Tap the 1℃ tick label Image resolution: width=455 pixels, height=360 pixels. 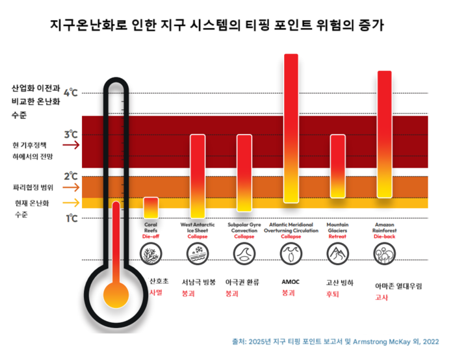pos(70,218)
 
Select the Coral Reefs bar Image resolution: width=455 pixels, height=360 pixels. pos(151,207)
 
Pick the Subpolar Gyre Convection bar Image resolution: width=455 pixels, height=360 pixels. pos(244,172)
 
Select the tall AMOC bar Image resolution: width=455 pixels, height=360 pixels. pos(291,128)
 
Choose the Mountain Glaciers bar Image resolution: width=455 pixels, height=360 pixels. pos(338,166)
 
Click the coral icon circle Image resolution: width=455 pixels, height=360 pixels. pos(151,254)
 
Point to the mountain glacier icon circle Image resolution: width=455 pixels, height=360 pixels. pos(338,254)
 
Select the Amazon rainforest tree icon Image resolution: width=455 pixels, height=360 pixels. pos(384,254)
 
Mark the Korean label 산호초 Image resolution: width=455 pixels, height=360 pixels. pos(159,281)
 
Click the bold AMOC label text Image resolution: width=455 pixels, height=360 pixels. pos(291,282)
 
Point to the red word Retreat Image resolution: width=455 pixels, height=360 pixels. pos(337,237)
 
